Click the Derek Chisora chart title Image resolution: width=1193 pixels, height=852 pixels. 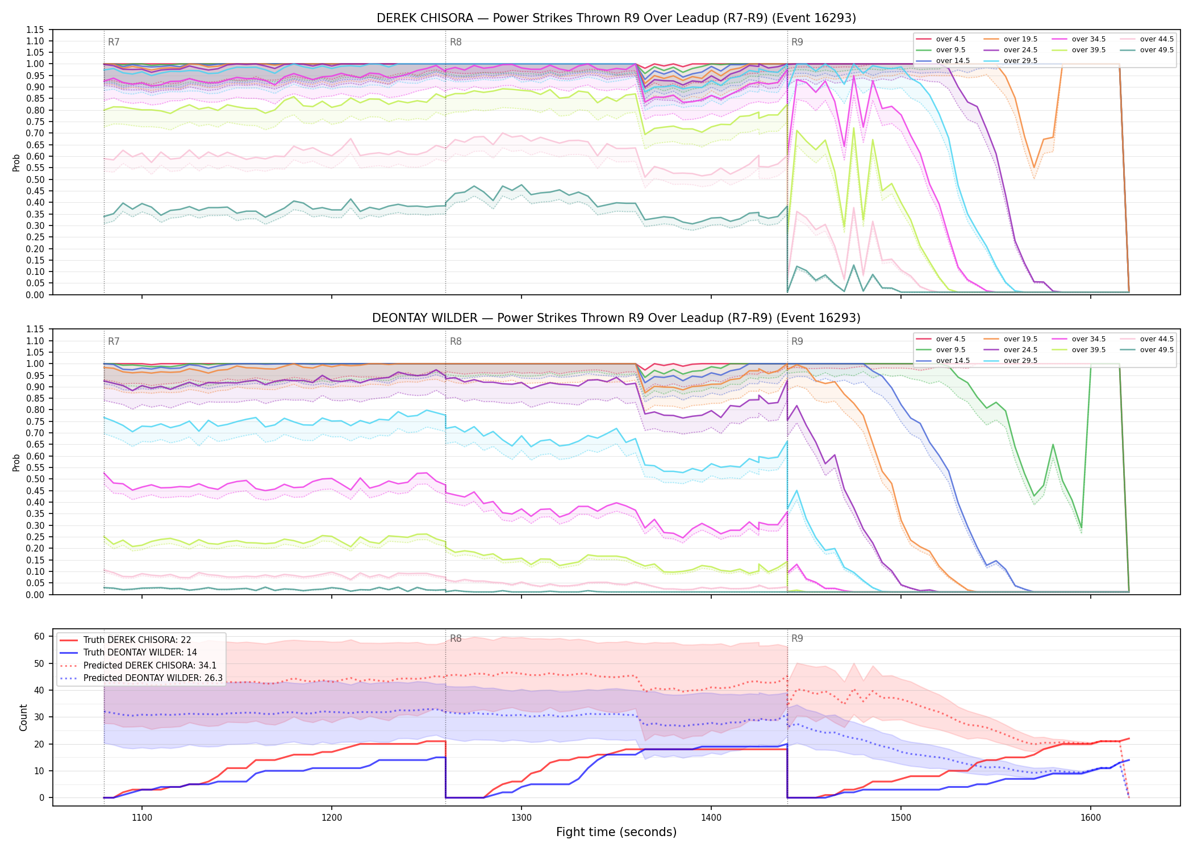coord(616,18)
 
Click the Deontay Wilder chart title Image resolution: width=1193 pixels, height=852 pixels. coord(616,318)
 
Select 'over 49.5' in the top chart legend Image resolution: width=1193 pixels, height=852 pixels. coord(1157,50)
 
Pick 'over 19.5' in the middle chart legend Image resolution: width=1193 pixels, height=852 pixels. coord(1020,339)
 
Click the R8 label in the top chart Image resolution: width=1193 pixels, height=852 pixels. coord(456,42)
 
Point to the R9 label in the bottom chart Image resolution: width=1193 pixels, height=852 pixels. coord(797,638)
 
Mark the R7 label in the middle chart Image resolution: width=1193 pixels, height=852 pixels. coord(114,341)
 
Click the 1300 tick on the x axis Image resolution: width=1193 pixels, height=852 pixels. coord(522,818)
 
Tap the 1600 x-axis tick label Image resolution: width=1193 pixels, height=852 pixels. coord(1091,818)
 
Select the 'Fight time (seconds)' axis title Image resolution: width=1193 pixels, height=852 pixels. coord(616,832)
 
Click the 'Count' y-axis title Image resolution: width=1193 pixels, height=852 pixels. coord(23,717)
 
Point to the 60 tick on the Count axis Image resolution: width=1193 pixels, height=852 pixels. coord(39,637)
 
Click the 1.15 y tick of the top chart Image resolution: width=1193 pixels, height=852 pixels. coord(35,30)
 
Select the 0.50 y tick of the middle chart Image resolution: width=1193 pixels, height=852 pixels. coord(35,491)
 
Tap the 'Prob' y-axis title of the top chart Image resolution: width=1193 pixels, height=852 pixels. coord(16,162)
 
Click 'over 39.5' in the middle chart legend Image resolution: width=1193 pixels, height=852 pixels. coord(1088,350)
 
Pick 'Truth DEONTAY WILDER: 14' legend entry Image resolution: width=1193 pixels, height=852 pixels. coord(140,653)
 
